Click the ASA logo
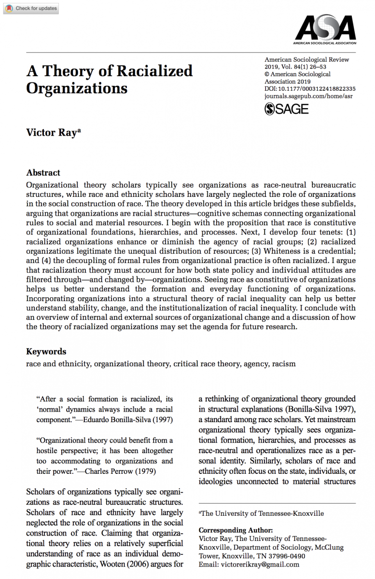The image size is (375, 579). (326, 28)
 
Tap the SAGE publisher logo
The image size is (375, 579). (287, 109)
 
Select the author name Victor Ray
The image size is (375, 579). (51, 132)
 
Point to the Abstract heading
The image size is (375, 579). (43, 173)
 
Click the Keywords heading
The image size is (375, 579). (46, 351)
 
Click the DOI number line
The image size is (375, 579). (310, 89)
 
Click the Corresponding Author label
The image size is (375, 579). (236, 530)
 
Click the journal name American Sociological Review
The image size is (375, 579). (306, 60)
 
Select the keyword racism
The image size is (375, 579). (284, 363)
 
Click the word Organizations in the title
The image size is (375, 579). (77, 88)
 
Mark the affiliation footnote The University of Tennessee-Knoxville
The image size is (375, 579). (262, 513)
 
